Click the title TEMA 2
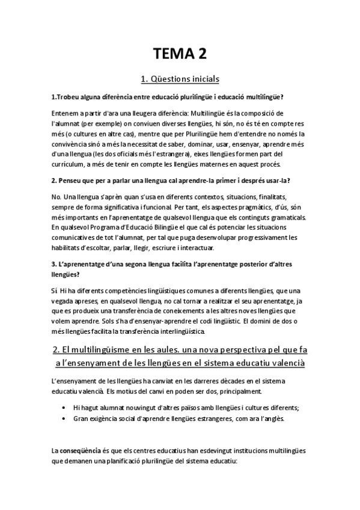click(x=180, y=55)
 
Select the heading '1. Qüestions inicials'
click(x=180, y=79)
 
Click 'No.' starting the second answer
click(x=56, y=196)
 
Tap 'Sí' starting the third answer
click(x=55, y=290)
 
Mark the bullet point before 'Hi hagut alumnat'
click(x=64, y=407)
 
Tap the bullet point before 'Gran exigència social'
click(x=64, y=418)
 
